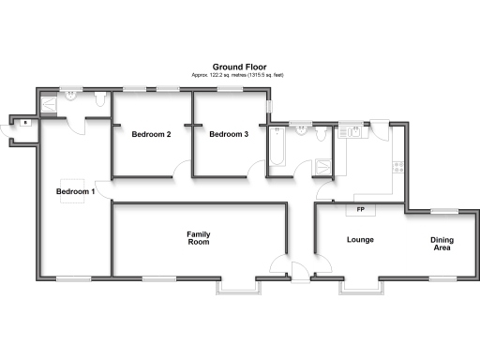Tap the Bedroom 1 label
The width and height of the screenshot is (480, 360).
click(75, 191)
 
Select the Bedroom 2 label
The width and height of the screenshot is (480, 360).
click(150, 134)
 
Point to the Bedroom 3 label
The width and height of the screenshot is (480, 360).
click(229, 134)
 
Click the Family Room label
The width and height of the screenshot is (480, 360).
click(197, 237)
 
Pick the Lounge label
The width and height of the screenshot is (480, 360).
click(360, 240)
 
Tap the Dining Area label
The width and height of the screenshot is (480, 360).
click(442, 245)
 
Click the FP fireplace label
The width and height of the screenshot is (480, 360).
click(360, 208)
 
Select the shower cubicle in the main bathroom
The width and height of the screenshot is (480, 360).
click(324, 168)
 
